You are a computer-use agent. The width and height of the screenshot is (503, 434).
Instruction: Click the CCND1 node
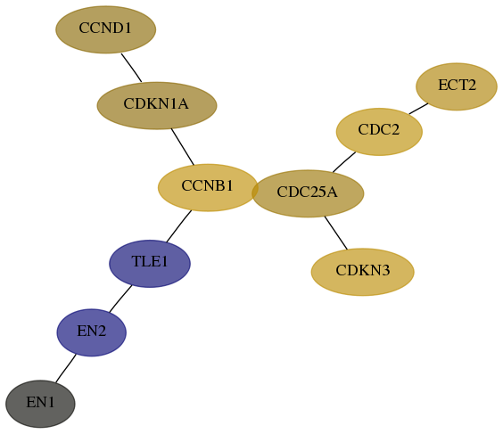click(106, 29)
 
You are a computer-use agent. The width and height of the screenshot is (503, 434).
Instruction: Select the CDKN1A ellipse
click(157, 105)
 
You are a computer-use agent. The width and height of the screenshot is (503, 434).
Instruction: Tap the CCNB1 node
click(208, 187)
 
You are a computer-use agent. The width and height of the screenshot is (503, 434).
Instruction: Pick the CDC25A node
click(308, 193)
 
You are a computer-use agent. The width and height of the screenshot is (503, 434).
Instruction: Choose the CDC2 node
click(379, 132)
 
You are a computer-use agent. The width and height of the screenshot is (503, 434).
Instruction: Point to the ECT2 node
click(457, 86)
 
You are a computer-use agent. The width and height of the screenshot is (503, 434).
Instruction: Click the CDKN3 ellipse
click(362, 272)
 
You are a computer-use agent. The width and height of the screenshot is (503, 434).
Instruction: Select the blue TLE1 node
click(150, 264)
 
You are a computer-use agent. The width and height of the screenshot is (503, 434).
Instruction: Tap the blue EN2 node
click(92, 332)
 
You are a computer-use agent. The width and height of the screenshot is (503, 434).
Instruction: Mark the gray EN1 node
click(40, 404)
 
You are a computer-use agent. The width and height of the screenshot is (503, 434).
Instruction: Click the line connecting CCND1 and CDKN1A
click(131, 68)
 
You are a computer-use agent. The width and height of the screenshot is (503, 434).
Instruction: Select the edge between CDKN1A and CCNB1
click(183, 147)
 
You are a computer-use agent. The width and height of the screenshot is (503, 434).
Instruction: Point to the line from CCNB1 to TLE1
click(179, 226)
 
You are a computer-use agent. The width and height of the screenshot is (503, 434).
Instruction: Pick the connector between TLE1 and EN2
click(120, 299)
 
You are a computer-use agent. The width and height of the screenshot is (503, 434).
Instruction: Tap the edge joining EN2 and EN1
click(66, 368)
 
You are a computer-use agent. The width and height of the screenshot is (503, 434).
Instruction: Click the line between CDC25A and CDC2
click(344, 162)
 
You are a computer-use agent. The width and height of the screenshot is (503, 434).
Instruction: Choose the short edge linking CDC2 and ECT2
click(418, 109)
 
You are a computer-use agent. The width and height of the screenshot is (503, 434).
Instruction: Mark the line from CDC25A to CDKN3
click(336, 233)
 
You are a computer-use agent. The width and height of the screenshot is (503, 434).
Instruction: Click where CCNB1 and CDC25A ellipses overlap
click(255, 191)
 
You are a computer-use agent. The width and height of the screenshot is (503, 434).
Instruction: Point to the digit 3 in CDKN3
click(386, 270)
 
